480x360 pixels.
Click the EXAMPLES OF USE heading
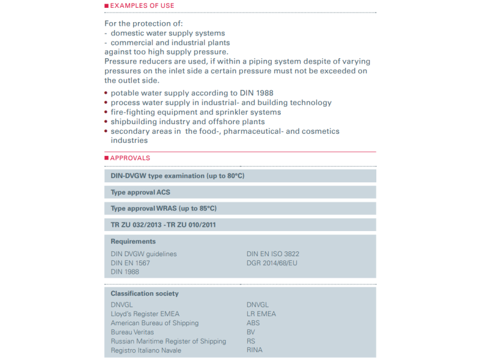click(142, 6)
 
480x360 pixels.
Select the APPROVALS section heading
click(130, 158)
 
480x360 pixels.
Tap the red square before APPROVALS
click(107, 158)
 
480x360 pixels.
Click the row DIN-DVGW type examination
click(178, 176)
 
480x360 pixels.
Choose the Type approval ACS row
click(140, 192)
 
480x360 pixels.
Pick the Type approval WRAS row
click(163, 208)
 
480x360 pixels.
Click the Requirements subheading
click(133, 241)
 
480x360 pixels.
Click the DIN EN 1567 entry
click(130, 263)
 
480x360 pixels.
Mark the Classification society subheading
click(145, 293)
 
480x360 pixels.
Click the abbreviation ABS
click(253, 323)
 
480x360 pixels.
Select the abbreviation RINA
click(254, 350)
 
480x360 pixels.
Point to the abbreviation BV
click(251, 332)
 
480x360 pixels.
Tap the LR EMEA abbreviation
click(262, 314)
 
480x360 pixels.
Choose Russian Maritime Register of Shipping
click(169, 341)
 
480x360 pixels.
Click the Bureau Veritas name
click(132, 332)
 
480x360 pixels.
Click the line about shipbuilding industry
click(187, 122)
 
